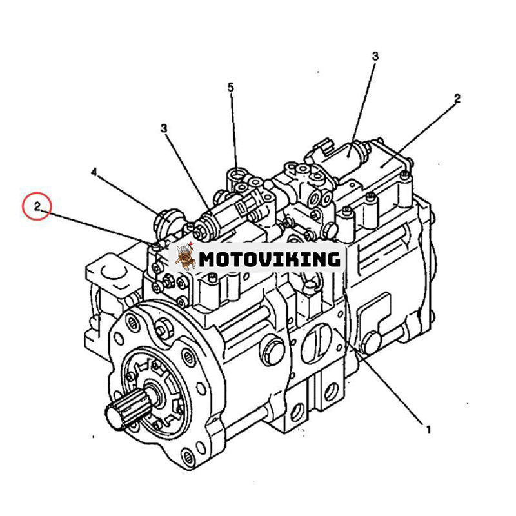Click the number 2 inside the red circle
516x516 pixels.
coord(37,207)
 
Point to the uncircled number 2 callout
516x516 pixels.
coord(457,99)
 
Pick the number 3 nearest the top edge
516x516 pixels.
coord(375,57)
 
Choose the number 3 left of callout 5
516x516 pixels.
coord(164,129)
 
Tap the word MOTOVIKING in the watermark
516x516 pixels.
coord(269,259)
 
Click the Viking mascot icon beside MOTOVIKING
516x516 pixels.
coord(185,257)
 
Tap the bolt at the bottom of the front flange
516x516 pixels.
coord(188,457)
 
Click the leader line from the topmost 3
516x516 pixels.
coord(362,103)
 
